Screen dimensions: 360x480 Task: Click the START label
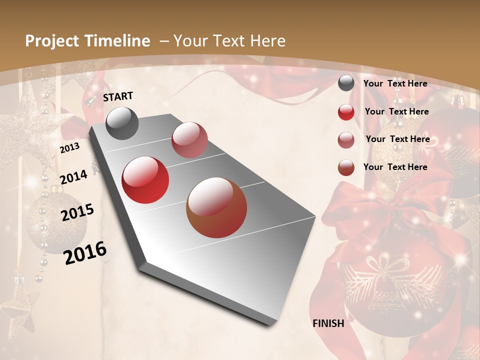[118, 96]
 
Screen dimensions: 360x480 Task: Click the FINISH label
[328, 323]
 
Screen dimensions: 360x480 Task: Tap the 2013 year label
[69, 148]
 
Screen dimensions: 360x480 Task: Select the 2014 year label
[73, 177]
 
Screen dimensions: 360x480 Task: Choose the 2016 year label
[85, 252]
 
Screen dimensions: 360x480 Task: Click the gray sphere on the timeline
[122, 123]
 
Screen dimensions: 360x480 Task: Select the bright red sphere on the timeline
[145, 180]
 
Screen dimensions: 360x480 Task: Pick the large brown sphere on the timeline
[216, 207]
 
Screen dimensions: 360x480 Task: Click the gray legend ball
[346, 83]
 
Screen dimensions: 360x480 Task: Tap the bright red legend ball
[346, 111]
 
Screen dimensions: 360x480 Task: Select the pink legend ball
[346, 139]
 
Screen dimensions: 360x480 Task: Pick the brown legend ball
[346, 167]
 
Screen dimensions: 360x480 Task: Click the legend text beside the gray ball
[395, 83]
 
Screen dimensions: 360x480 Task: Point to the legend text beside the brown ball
[395, 167]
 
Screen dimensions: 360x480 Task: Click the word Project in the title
[51, 41]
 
